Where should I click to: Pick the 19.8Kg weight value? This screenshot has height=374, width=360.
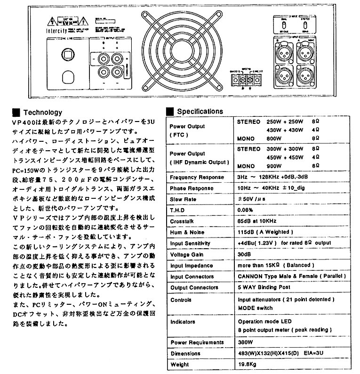[248, 364]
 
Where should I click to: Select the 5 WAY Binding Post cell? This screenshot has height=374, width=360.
[264, 287]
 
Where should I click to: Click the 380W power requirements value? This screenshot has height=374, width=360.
[246, 342]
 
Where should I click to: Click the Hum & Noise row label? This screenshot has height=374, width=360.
[187, 232]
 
